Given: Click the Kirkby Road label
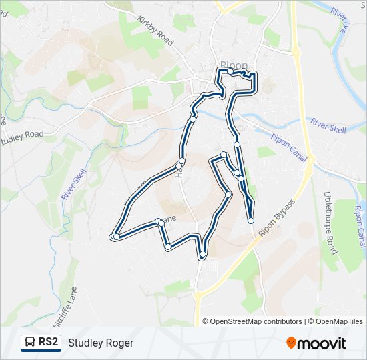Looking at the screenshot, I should coord(155,31).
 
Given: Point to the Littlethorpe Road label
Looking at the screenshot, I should coord(331,222).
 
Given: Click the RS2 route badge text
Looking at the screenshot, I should coord(48,343).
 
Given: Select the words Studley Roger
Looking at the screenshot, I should coord(101,343).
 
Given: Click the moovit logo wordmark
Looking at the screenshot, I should coord(322,343).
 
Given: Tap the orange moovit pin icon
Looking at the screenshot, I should coord(291,343).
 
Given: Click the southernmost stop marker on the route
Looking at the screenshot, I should coord(202,254).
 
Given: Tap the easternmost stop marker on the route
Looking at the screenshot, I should coord(251,221).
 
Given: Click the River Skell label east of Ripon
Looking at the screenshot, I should coord(328,125).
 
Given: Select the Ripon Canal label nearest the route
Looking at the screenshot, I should coord(287,146).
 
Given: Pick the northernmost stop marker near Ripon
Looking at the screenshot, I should coord(230,71).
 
